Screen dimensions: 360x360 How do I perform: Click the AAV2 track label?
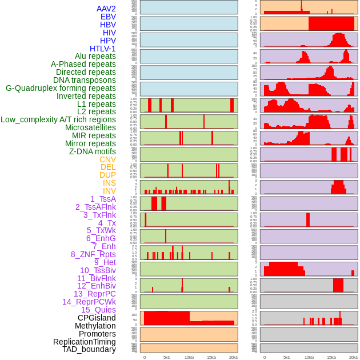(106, 9)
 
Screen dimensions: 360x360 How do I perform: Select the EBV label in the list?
(108, 17)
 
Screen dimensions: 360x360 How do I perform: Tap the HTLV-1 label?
(102, 49)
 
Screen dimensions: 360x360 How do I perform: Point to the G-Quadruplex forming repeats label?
(61, 88)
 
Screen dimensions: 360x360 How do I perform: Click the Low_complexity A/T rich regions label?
(58, 119)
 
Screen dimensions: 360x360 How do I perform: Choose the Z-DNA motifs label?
(92, 151)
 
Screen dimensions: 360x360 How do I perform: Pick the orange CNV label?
(107, 159)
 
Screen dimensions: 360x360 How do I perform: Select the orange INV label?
(109, 191)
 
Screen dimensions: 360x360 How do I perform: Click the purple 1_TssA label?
(103, 199)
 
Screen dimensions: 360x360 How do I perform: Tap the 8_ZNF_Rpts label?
(93, 254)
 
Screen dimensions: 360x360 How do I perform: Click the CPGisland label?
(97, 318)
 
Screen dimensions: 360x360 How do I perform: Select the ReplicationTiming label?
(84, 342)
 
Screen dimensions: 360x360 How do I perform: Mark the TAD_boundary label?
(89, 349)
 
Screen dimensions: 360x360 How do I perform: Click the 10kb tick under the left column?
(189, 357)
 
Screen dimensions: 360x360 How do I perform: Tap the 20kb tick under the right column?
(354, 357)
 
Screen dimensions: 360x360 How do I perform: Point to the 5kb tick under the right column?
(287, 357)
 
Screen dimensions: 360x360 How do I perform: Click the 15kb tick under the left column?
(211, 357)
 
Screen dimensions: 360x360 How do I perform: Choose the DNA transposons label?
(85, 80)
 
